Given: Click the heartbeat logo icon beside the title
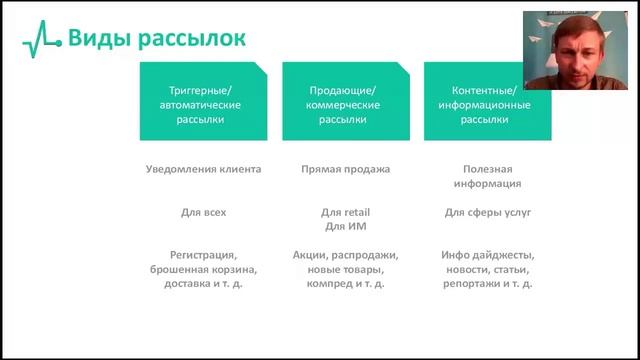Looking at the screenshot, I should click(x=42, y=40).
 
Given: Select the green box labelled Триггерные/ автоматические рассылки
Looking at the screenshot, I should click(x=203, y=102).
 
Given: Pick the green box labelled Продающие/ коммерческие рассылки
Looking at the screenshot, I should click(x=345, y=102).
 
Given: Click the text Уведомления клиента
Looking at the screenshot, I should click(x=203, y=169).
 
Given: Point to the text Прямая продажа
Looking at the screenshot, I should click(x=345, y=169).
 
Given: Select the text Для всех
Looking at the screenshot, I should click(x=203, y=212).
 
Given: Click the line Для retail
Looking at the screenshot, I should click(x=345, y=212).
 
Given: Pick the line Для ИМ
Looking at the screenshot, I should click(x=345, y=227).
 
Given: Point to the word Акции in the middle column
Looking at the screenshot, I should click(x=313, y=255).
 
